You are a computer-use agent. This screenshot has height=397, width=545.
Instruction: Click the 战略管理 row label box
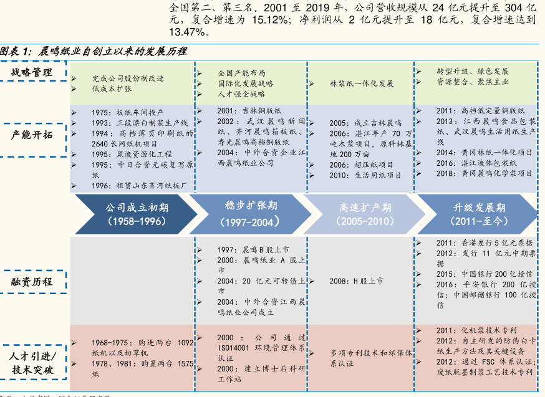[x=35, y=73]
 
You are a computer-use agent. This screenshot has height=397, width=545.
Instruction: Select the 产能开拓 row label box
[x=35, y=135]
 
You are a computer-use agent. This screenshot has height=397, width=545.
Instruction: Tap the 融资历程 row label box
[x=35, y=282]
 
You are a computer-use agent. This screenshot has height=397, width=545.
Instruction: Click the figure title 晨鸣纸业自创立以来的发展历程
[x=112, y=51]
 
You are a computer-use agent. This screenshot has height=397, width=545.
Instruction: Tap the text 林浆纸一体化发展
[x=362, y=84]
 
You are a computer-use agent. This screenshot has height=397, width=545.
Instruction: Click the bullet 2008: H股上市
[x=356, y=281]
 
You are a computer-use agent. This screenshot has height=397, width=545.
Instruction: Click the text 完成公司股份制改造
[x=128, y=79]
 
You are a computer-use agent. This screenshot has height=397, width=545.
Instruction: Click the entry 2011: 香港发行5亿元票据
[x=484, y=243]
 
